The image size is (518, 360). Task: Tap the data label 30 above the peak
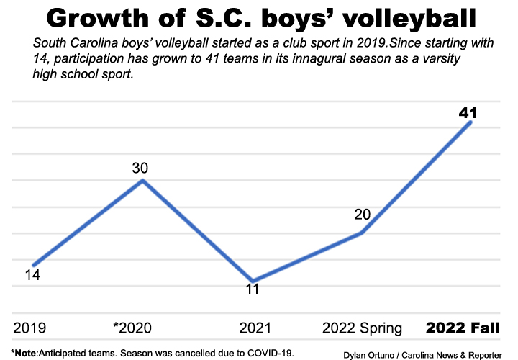click(140, 168)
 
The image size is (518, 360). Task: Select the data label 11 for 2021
click(252, 289)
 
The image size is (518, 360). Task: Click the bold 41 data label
click(468, 112)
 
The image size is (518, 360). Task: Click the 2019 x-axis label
click(29, 328)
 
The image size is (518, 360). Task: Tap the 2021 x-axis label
click(256, 328)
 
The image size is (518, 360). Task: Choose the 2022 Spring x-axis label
click(362, 328)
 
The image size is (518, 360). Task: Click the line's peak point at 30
click(142, 180)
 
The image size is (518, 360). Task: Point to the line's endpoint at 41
click(470, 122)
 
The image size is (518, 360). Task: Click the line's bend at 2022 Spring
click(362, 233)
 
